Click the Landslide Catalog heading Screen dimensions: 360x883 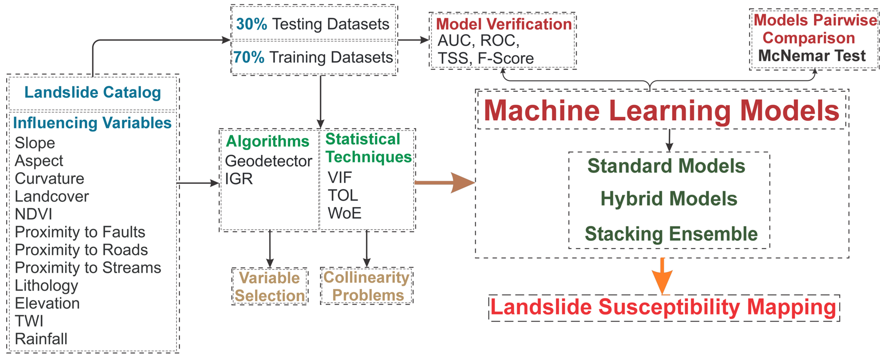tap(93, 92)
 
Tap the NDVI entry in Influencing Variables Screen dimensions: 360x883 tap(34, 214)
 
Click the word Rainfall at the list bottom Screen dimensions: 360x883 tap(41, 339)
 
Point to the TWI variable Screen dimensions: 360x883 tap(29, 321)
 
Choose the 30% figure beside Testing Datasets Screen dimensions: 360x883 tap(251, 24)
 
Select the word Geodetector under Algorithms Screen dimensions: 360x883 tap(268, 161)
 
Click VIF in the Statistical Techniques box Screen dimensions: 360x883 tap(339, 177)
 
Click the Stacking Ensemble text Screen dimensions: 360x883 tap(671, 234)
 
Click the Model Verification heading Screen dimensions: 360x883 tap(504, 24)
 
